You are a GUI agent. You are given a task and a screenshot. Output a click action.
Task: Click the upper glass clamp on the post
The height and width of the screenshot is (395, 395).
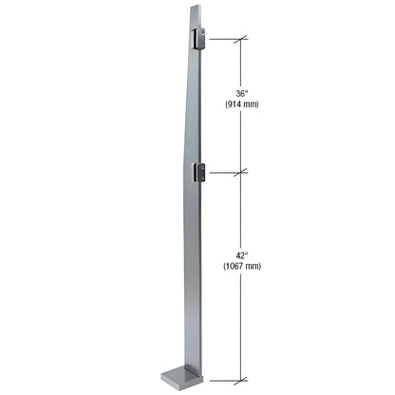coord(199,39)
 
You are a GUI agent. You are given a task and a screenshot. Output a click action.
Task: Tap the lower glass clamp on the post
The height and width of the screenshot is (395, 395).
coord(199,172)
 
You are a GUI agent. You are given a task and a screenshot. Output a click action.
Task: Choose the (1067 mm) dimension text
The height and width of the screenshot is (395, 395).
coord(244,267)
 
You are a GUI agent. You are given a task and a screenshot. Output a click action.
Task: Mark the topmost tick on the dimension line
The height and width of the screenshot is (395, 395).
coord(244,39)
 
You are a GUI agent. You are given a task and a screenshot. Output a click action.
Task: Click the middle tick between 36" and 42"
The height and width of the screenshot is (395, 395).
coord(244,172)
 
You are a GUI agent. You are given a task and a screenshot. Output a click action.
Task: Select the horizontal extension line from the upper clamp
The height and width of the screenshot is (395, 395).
coord(224,39)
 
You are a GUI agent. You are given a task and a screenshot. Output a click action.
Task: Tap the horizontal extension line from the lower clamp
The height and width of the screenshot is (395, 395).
coord(224,172)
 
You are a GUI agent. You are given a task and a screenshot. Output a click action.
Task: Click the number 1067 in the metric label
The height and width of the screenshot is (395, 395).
coord(236,267)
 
